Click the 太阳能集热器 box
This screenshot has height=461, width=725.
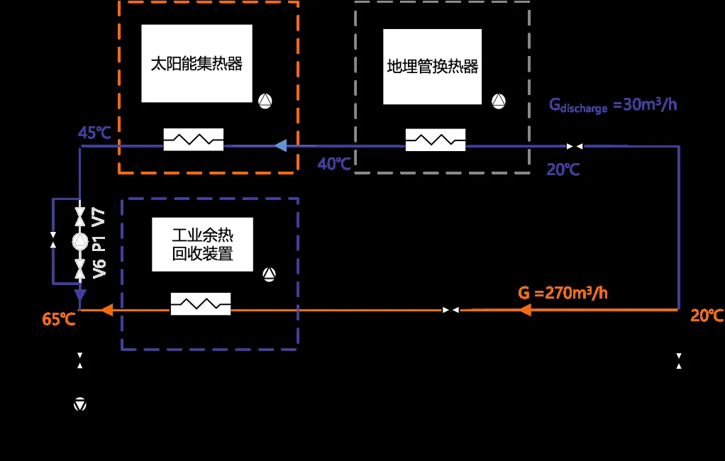pos(197,63)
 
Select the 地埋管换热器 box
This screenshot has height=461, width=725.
pos(432,67)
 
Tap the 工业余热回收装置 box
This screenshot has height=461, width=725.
pos(202,245)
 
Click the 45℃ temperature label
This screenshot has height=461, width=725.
pos(94,133)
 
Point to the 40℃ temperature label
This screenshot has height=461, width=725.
pos(334,164)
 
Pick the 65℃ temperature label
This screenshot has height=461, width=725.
pos(59,319)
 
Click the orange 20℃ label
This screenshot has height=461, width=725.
pos(707,316)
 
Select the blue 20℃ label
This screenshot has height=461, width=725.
pos(563,170)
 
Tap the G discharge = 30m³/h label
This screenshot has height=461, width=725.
pos(613,106)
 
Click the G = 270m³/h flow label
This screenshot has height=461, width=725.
pos(563,293)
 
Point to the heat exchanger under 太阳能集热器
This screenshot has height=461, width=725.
pos(194,140)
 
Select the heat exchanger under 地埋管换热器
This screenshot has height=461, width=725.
pos(436,140)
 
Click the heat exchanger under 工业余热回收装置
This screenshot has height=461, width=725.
pos(201,304)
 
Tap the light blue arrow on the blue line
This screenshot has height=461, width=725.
pos(281,145)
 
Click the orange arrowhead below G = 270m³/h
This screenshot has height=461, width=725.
pos(525,310)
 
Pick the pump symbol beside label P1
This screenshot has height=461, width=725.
pos(80,241)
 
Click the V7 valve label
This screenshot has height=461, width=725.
pos(99,217)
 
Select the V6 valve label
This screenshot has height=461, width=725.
pos(99,269)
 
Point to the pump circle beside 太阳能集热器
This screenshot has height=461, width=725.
pos(265,101)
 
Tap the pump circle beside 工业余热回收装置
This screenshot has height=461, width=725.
pos(269,274)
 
